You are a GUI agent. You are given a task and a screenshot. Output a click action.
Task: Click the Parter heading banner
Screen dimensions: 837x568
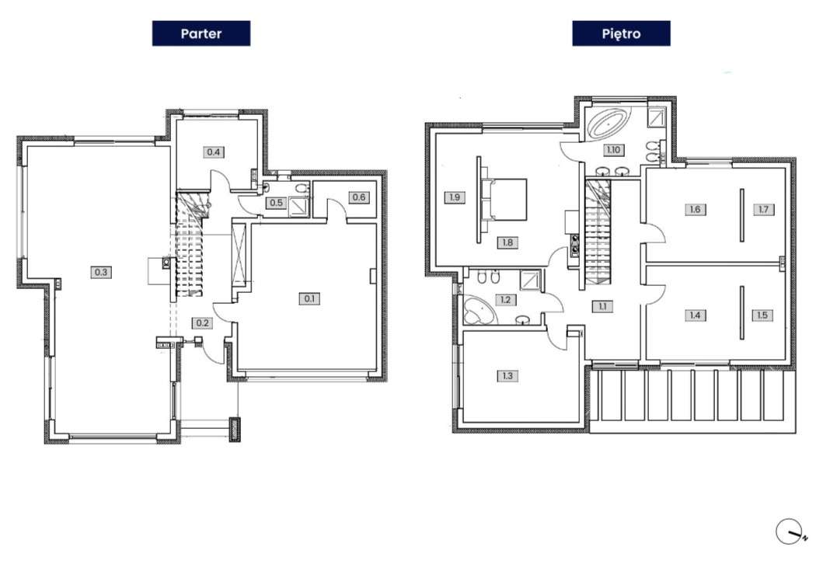coord(201,33)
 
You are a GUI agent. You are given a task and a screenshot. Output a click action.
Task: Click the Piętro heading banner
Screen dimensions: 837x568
coord(621,33)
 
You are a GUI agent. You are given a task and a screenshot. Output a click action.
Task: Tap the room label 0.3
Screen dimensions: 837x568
coord(101,272)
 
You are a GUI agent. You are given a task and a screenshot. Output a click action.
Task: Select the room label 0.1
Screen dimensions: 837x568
coord(309,299)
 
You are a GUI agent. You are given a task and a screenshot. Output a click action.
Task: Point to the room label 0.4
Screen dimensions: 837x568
coord(214,152)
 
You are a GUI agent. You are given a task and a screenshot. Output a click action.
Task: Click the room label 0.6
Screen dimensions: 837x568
coord(359,197)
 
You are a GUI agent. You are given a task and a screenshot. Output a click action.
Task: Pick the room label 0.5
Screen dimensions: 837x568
coord(276,203)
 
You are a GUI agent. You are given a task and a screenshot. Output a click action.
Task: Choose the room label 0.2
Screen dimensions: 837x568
coord(202,323)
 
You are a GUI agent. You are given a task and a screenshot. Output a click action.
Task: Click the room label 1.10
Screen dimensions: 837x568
coord(613,150)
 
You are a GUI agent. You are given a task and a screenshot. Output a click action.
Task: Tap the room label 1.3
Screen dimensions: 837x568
coord(507,376)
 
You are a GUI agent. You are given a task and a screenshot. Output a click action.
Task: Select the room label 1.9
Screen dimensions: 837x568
coord(455,197)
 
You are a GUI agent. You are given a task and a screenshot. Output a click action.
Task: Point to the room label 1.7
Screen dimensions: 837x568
coord(763,209)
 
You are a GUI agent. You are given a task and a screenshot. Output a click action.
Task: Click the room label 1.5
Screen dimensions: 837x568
coord(762,315)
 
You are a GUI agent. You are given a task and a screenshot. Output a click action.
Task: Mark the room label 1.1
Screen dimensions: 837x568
coord(602,306)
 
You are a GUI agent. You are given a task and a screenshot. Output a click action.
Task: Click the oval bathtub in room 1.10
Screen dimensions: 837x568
coord(609,124)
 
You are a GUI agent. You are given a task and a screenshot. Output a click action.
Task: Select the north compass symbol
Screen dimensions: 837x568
coord(790,531)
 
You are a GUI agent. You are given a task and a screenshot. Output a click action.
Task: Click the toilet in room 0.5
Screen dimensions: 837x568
coord(302,189)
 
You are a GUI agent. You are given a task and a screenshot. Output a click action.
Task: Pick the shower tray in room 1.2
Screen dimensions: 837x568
coord(529,281)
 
